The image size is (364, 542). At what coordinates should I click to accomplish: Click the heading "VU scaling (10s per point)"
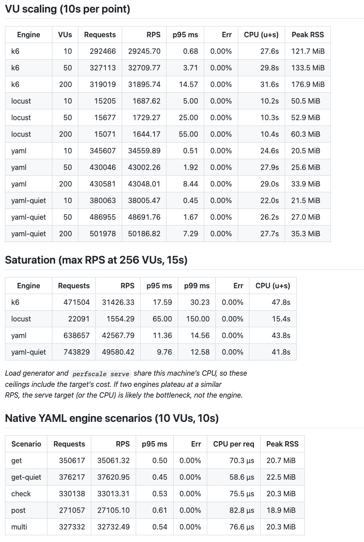click(x=68, y=9)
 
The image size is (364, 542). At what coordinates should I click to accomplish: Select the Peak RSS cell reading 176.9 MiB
click(x=308, y=84)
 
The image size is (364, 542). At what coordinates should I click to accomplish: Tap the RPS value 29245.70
click(x=144, y=51)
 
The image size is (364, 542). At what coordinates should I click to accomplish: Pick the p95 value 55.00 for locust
click(x=188, y=134)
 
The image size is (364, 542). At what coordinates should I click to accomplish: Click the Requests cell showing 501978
click(x=103, y=234)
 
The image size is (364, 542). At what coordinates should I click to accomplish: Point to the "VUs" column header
click(x=65, y=35)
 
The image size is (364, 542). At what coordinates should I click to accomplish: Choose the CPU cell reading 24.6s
click(x=270, y=151)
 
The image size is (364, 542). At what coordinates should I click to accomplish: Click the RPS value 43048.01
click(x=144, y=184)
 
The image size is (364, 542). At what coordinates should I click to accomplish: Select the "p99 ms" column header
click(x=197, y=286)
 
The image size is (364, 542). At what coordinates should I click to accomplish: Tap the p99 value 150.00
click(x=198, y=319)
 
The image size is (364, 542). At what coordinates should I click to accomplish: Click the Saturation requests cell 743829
click(x=77, y=352)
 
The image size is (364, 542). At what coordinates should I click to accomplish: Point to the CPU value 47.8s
click(x=281, y=302)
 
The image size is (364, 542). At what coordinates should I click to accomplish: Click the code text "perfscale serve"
click(x=101, y=374)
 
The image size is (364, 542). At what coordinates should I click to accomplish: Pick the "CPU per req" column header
click(x=234, y=444)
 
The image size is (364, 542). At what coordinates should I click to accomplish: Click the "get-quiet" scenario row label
click(x=26, y=477)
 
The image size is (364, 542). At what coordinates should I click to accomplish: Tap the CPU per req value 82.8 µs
click(x=242, y=510)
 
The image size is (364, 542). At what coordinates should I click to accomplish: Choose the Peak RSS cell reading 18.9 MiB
click(x=281, y=510)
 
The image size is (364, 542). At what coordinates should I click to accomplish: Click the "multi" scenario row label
click(x=19, y=527)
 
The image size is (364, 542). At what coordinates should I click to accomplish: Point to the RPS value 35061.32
click(x=113, y=460)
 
